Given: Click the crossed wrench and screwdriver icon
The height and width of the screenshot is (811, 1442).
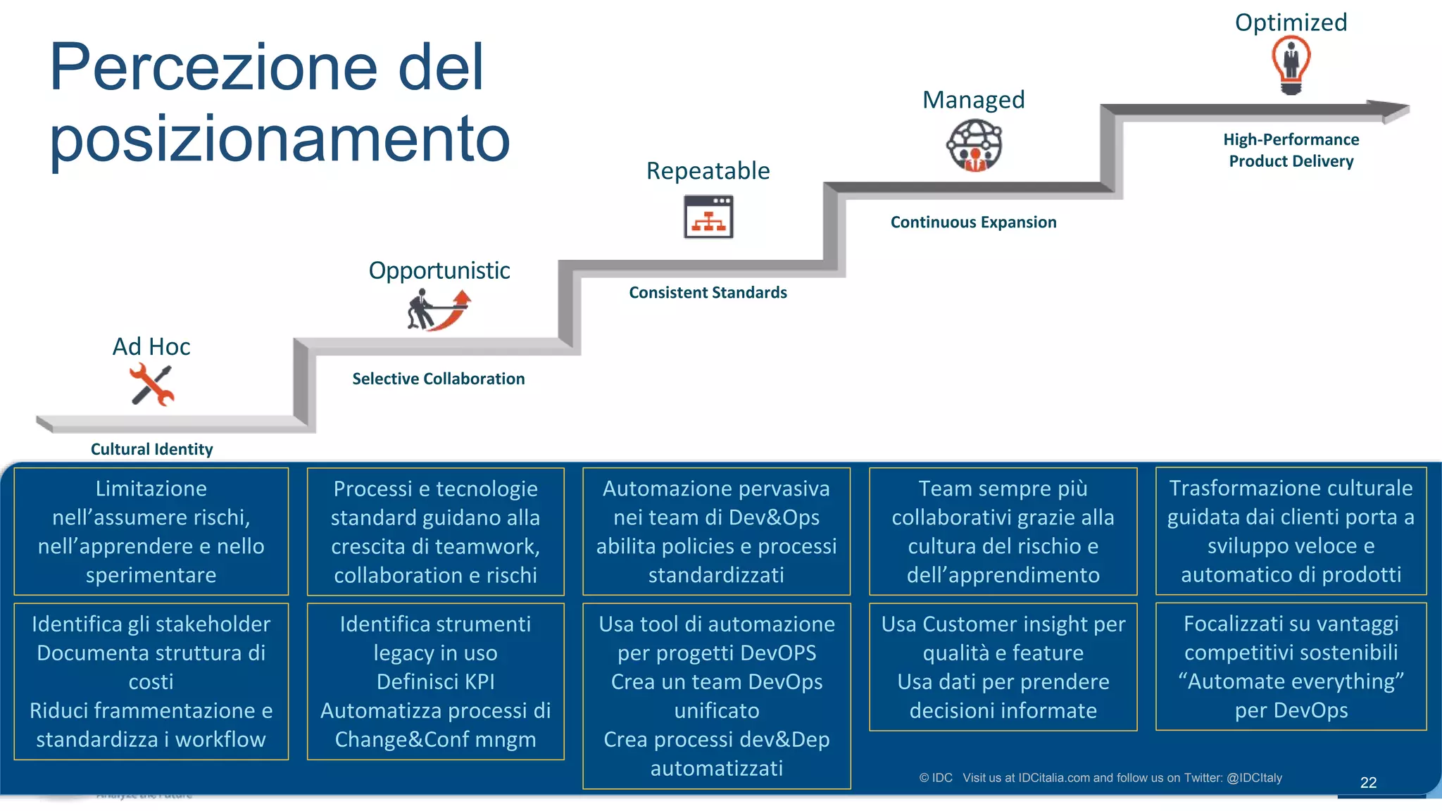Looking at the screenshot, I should [151, 384].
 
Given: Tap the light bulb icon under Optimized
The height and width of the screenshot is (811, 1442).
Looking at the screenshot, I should [1291, 65].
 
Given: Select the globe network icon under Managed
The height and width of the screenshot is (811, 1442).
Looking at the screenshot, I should [974, 146].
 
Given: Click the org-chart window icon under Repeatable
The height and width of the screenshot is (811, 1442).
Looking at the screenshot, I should [708, 217].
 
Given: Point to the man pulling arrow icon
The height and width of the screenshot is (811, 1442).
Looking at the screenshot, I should [438, 310].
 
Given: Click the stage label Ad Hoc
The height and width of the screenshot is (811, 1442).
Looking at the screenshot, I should [151, 346].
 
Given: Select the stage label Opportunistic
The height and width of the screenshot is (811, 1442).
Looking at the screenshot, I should [439, 270].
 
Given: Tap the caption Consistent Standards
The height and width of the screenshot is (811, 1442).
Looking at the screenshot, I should [708, 293].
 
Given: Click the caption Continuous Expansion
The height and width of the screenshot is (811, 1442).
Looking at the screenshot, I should [973, 222].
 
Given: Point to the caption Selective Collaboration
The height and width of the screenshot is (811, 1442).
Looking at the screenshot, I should [438, 379].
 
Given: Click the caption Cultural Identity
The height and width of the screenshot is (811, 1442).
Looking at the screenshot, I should [151, 449].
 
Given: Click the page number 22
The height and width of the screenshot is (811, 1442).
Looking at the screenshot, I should [1368, 782].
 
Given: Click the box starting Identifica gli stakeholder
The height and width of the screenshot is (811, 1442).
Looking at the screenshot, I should [151, 681].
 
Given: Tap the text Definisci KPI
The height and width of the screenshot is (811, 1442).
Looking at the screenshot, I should [435, 681].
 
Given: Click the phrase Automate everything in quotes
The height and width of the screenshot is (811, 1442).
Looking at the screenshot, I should [1291, 681].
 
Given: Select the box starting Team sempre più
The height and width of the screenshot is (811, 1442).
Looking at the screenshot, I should [1003, 532].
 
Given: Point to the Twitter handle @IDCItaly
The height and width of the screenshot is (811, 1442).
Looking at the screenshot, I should [1254, 778].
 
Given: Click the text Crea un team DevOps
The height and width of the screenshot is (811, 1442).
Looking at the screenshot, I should [716, 681].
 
